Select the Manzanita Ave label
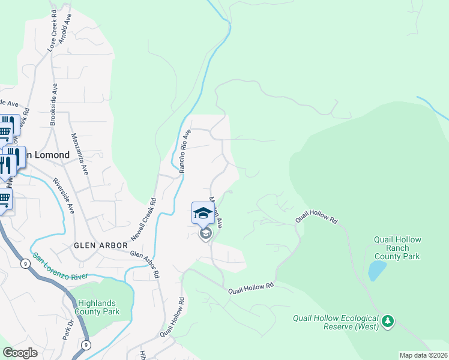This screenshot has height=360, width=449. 80,154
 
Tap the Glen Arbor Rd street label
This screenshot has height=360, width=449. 145,263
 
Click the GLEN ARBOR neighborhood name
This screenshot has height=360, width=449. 101,245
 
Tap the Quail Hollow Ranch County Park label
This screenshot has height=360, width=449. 397,248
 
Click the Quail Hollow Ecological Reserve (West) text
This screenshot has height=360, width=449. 336,322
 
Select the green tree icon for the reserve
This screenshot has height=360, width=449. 388,322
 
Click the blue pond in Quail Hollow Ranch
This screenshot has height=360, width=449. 376,271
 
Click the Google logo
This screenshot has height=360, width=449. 20,353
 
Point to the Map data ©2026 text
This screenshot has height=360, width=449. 423,355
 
